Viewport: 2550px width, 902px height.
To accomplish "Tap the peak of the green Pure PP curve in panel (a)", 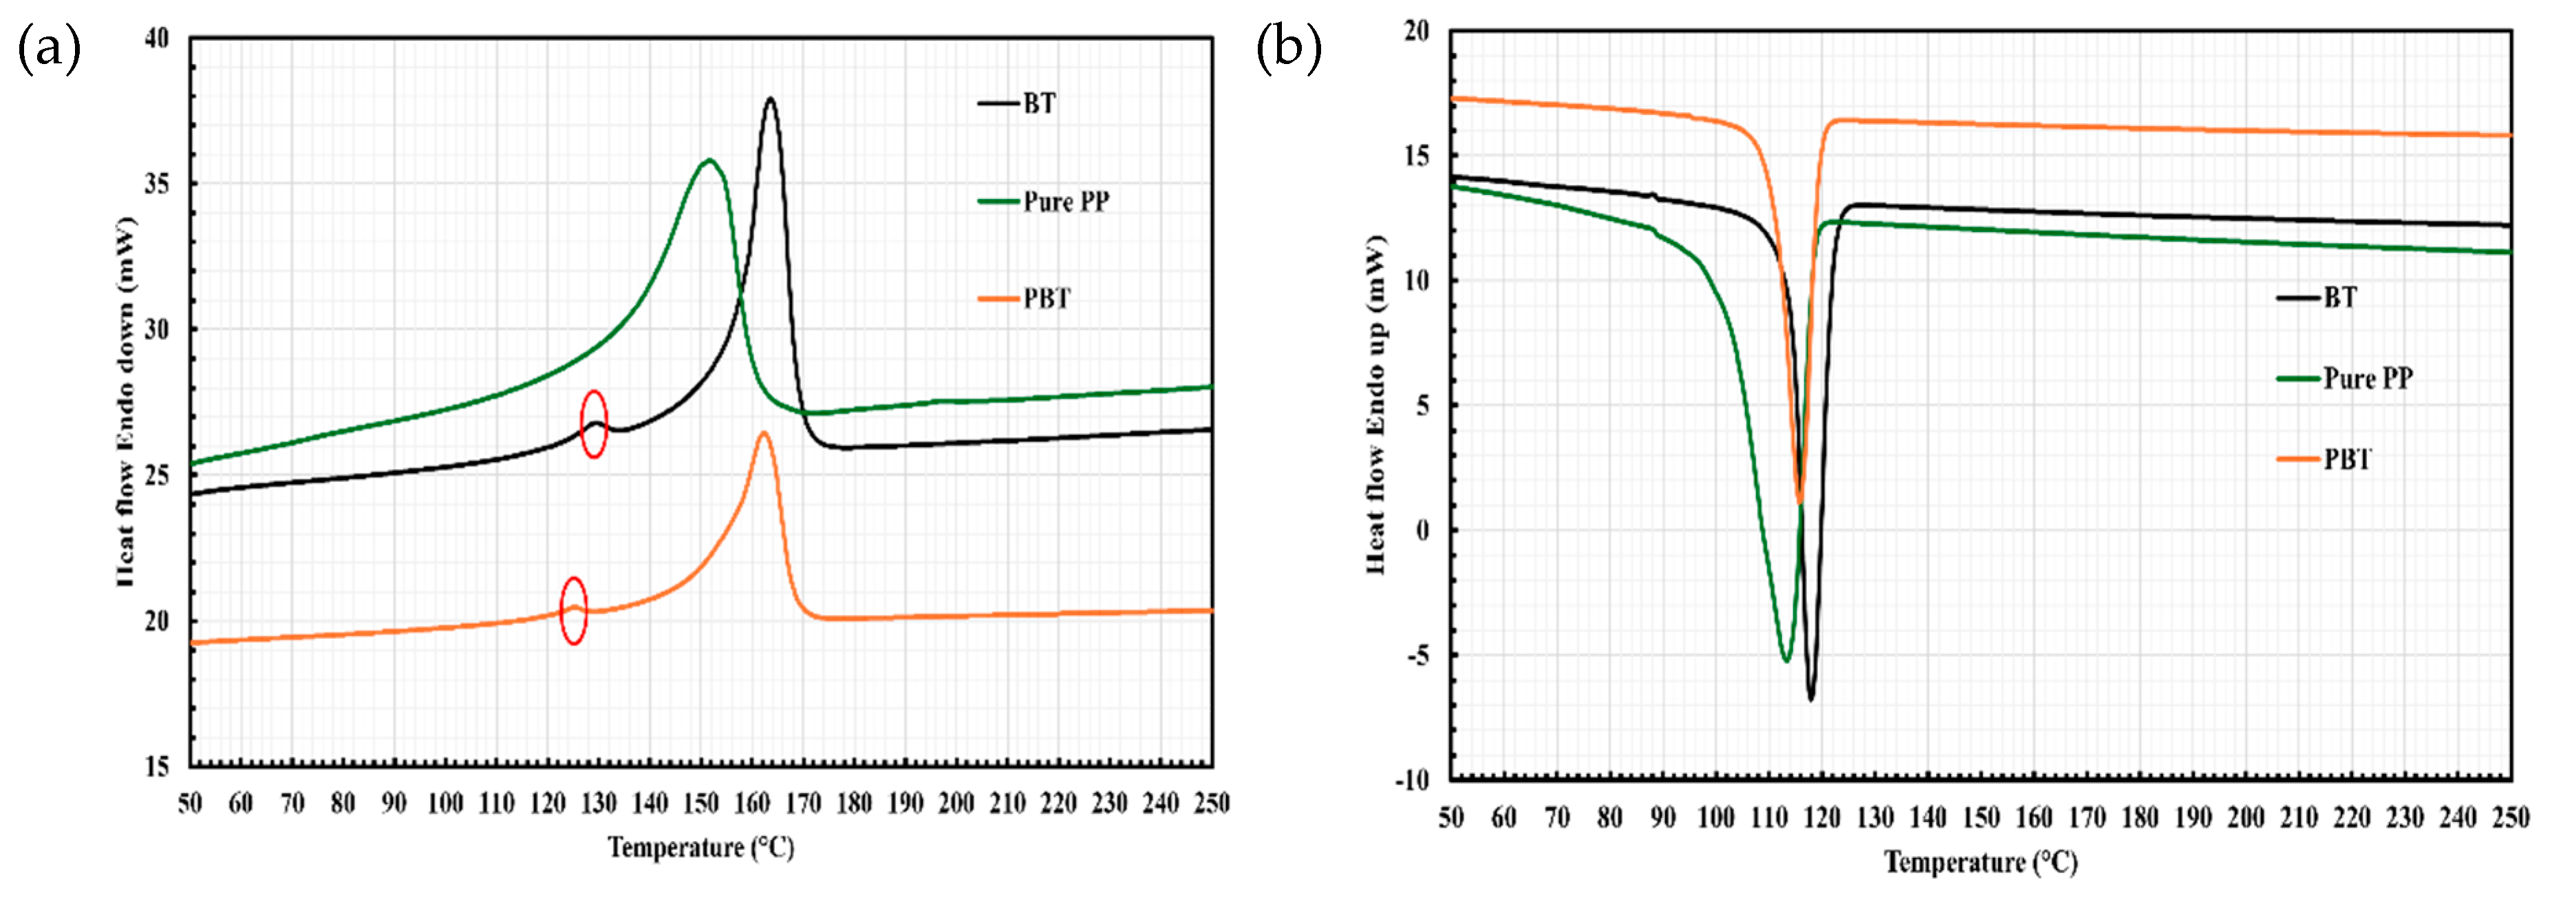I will [x=709, y=160].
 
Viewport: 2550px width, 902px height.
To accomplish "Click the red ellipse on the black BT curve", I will [x=593, y=423].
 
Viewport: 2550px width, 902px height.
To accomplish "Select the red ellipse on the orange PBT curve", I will [x=573, y=610].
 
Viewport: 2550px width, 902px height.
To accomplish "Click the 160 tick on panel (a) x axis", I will [x=751, y=803].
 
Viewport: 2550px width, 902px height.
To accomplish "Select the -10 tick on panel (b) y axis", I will [x=1413, y=780].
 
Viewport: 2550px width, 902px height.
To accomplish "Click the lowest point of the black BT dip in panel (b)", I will [x=1810, y=699].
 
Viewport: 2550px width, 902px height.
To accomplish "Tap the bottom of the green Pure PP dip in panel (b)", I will [x=1786, y=660].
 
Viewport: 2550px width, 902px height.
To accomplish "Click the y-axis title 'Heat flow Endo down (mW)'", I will [x=126, y=401].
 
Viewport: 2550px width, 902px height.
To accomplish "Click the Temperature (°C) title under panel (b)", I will [x=1980, y=862].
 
